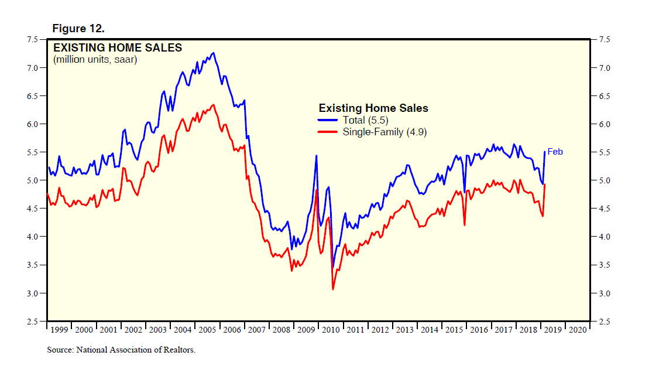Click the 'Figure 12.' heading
[78, 28]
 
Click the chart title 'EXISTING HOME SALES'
[118, 48]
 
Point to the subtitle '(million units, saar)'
[95, 60]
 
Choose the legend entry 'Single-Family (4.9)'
[385, 132]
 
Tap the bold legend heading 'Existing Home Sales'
[373, 108]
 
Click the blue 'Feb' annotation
[555, 152]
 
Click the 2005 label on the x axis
[207, 330]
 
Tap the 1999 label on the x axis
[59, 330]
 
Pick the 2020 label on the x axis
[577, 330]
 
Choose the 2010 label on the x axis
[331, 330]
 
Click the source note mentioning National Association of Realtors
[121, 350]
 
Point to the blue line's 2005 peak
[214, 53]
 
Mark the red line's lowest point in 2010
[333, 289]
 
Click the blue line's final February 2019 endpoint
[545, 152]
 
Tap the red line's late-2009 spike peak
[317, 190]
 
